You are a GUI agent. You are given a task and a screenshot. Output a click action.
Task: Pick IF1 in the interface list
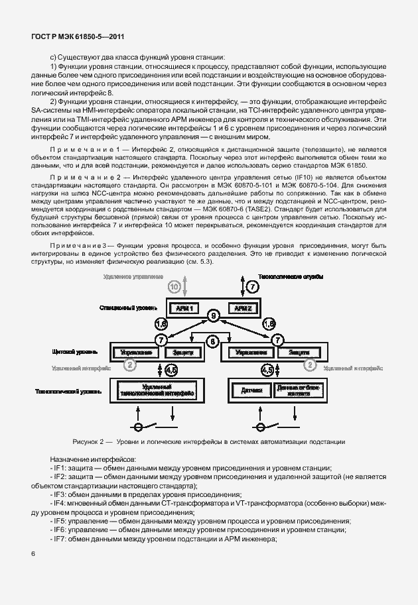[60, 468]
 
